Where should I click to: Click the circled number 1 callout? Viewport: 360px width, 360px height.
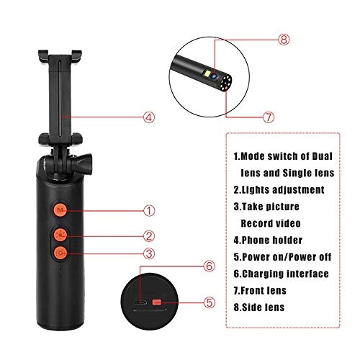pos(149,211)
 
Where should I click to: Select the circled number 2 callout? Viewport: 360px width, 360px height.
pos(149,235)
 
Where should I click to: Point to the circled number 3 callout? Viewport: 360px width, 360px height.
pos(149,253)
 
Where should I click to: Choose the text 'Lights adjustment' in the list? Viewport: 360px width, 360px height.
pos(283,189)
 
